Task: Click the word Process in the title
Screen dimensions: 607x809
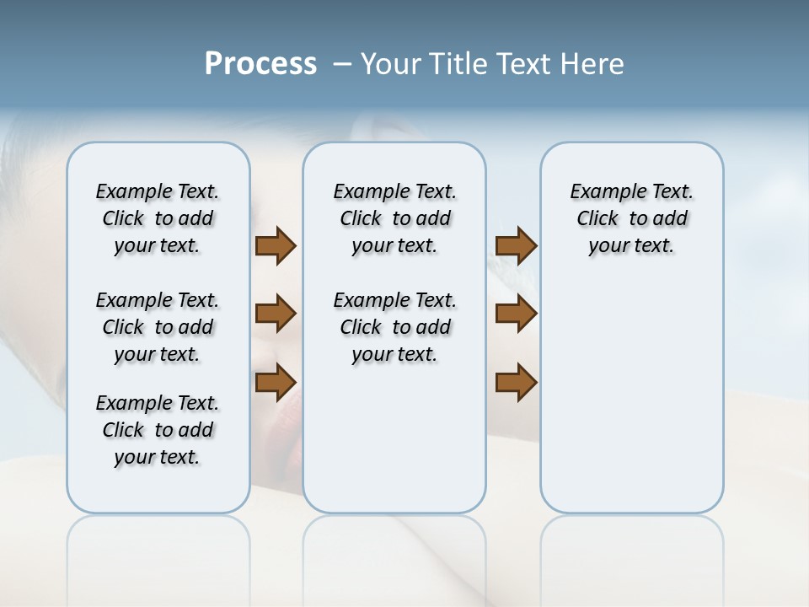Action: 260,64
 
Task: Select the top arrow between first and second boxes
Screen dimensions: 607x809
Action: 276,246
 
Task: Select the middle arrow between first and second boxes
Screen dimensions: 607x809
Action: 276,314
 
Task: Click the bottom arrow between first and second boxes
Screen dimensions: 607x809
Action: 276,382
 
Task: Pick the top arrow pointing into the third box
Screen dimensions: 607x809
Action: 516,246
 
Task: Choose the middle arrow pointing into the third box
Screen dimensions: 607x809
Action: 516,314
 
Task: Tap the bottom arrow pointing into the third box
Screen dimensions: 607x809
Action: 516,382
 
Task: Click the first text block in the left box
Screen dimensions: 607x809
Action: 158,218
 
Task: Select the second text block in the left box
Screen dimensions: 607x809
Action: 158,327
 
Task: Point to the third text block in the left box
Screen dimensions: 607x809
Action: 158,430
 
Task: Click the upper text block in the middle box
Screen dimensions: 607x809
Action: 394,218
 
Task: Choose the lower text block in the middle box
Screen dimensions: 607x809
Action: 394,327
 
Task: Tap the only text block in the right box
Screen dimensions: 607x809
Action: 631,218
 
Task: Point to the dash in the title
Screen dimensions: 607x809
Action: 343,64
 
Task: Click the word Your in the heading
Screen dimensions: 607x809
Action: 390,64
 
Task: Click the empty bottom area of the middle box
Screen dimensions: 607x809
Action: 394,447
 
